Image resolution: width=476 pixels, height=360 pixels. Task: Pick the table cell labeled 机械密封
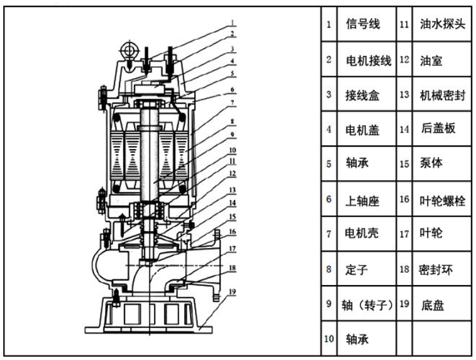pyautogui.click(x=441, y=94)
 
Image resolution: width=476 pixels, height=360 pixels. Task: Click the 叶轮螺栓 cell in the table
pyautogui.click(x=441, y=200)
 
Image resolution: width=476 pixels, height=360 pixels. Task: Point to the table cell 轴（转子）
pyautogui.click(x=367, y=304)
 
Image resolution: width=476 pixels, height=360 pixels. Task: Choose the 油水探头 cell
pyautogui.click(x=441, y=24)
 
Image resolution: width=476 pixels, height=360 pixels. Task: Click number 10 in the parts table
pyautogui.click(x=329, y=339)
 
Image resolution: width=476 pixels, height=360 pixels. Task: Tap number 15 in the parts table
pyautogui.click(x=404, y=164)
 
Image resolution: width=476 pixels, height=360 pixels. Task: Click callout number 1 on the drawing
pyautogui.click(x=232, y=23)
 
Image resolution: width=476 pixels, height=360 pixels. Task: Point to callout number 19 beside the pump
pyautogui.click(x=232, y=292)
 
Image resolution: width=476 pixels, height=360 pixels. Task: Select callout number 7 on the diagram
pyautogui.click(x=232, y=103)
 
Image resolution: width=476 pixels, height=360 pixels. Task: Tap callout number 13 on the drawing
pyautogui.click(x=232, y=190)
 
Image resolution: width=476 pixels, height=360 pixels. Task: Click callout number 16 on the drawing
pyautogui.click(x=232, y=232)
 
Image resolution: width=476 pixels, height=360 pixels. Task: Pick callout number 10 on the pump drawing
pyautogui.click(x=232, y=150)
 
